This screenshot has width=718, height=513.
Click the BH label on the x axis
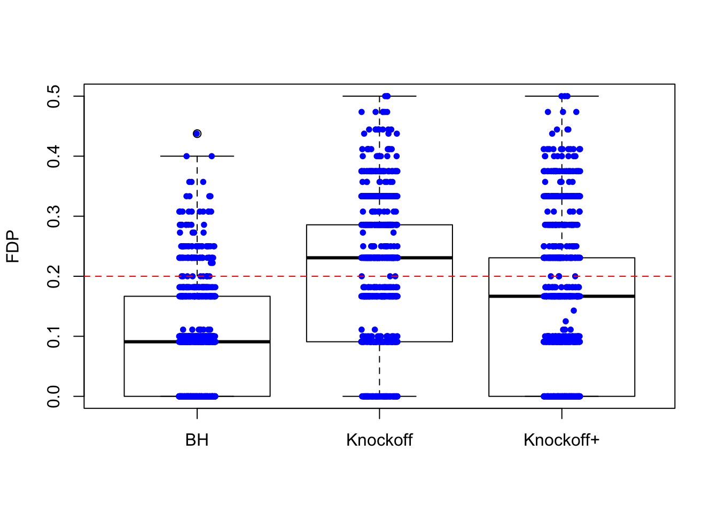coord(197,440)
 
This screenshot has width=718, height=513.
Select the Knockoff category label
coord(379,440)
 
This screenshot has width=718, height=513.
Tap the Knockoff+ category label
coord(561,440)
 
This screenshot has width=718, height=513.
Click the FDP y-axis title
coord(13,246)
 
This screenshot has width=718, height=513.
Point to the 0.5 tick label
coord(53,96)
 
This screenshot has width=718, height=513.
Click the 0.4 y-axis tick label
coord(53,156)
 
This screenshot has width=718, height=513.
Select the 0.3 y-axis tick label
coord(53,216)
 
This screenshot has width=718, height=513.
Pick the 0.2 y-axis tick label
coord(53,276)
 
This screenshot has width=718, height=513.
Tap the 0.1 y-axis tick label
coord(53,336)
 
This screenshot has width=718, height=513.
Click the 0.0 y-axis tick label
coord(53,397)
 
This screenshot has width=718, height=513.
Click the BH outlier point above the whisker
coord(197,134)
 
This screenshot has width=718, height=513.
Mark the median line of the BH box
coord(150,341)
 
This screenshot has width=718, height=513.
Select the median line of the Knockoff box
coord(331,258)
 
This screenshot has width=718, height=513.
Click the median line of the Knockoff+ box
coord(513,296)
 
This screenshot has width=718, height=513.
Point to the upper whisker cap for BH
coord(224,156)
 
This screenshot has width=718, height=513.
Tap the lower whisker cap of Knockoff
coord(353,397)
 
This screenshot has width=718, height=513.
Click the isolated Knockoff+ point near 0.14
coord(574,310)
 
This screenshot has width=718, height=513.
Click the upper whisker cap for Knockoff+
coord(588,96)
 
